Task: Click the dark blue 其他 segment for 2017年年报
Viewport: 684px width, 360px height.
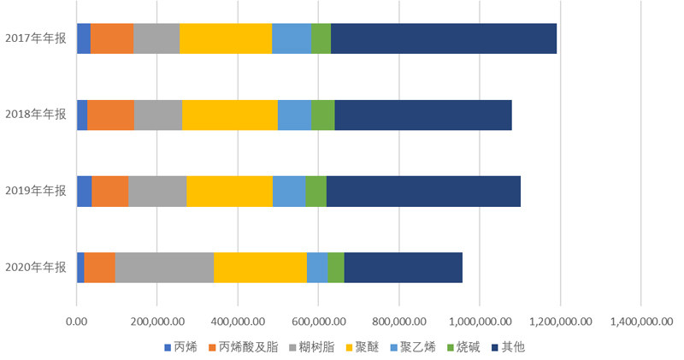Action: (444, 38)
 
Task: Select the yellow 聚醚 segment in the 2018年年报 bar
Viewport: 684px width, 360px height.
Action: (230, 115)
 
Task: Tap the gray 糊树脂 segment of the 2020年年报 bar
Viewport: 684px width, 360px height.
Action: (164, 268)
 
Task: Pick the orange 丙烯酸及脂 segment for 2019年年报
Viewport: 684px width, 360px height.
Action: (109, 191)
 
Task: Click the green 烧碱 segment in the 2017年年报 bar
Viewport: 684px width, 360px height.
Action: (321, 38)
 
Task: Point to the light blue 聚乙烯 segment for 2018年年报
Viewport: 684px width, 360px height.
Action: (294, 115)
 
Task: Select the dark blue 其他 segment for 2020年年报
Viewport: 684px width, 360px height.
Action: (403, 268)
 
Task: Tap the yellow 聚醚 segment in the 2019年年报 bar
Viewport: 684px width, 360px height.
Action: (229, 191)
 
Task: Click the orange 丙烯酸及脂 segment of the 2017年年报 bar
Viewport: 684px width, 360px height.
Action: (111, 38)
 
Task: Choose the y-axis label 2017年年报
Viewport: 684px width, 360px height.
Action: (35, 38)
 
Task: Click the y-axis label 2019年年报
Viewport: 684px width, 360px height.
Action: (35, 191)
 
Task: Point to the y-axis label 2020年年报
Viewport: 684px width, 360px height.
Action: (35, 268)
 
